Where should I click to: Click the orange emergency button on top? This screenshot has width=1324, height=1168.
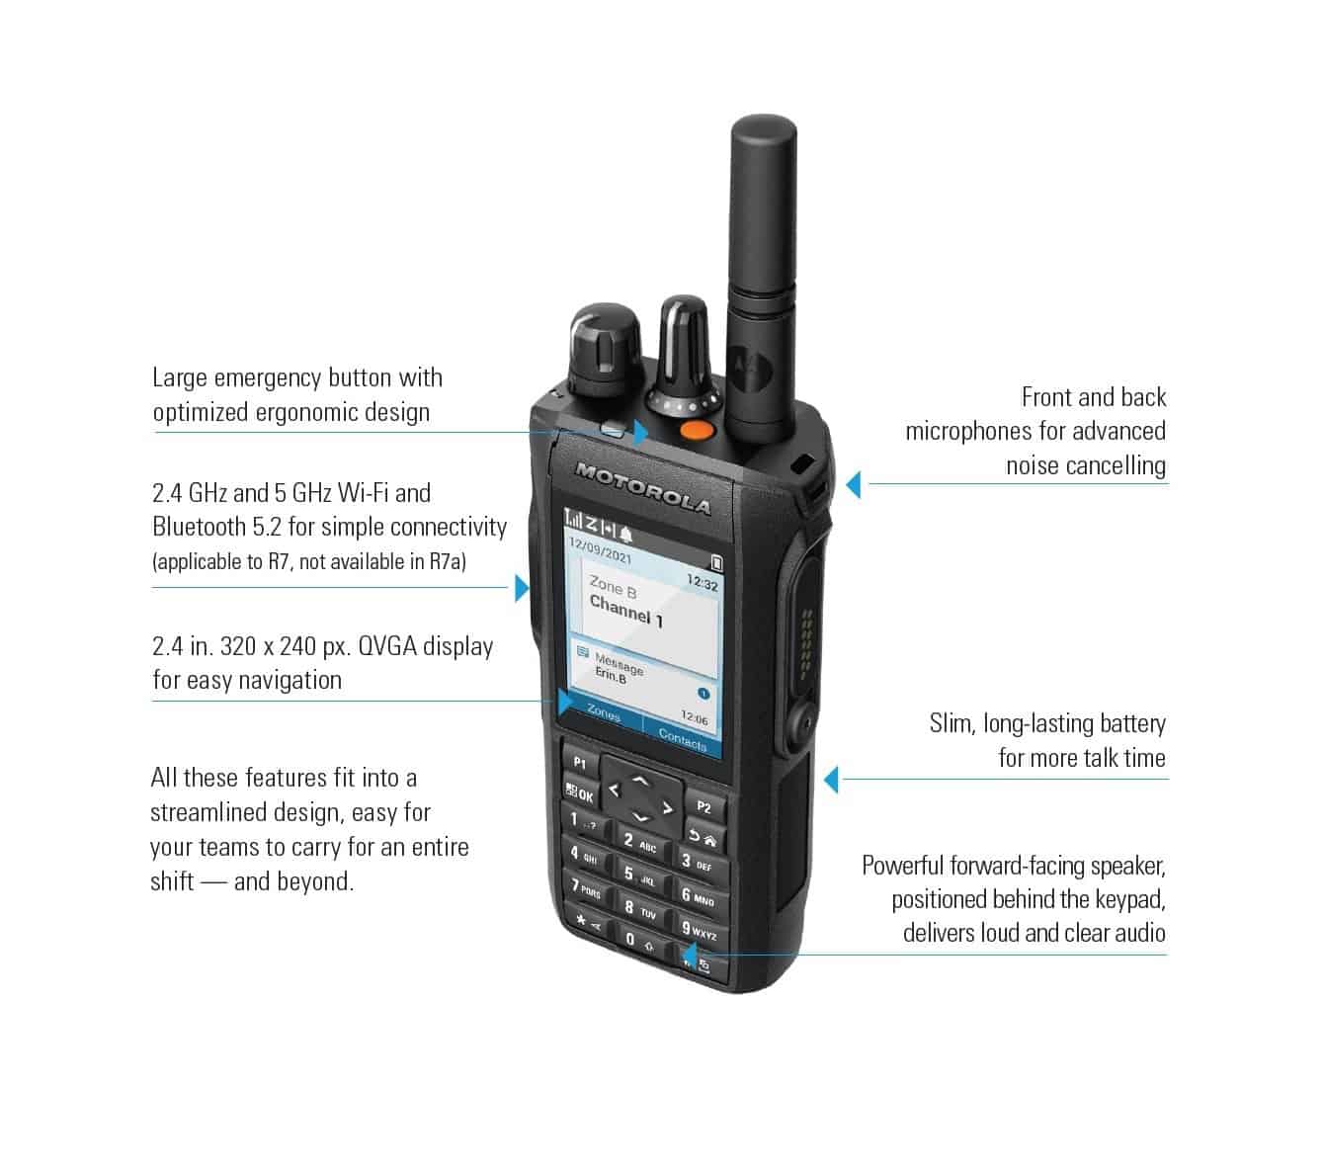pos(698,430)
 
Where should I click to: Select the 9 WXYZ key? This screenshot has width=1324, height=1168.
pos(698,931)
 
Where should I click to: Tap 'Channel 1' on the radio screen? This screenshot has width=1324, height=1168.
pos(626,612)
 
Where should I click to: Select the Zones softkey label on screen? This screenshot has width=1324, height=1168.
pos(604,713)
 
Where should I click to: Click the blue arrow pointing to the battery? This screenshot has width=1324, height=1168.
pos(832,779)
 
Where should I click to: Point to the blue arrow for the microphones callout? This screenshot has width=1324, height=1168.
pos(854,484)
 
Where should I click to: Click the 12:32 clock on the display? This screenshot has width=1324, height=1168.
pos(702,584)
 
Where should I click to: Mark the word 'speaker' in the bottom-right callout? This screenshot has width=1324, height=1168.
pos(1126,867)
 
